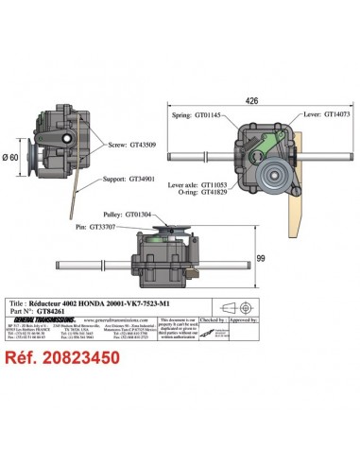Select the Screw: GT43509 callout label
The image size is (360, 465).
(128, 144)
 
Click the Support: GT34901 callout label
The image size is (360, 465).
(127, 177)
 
